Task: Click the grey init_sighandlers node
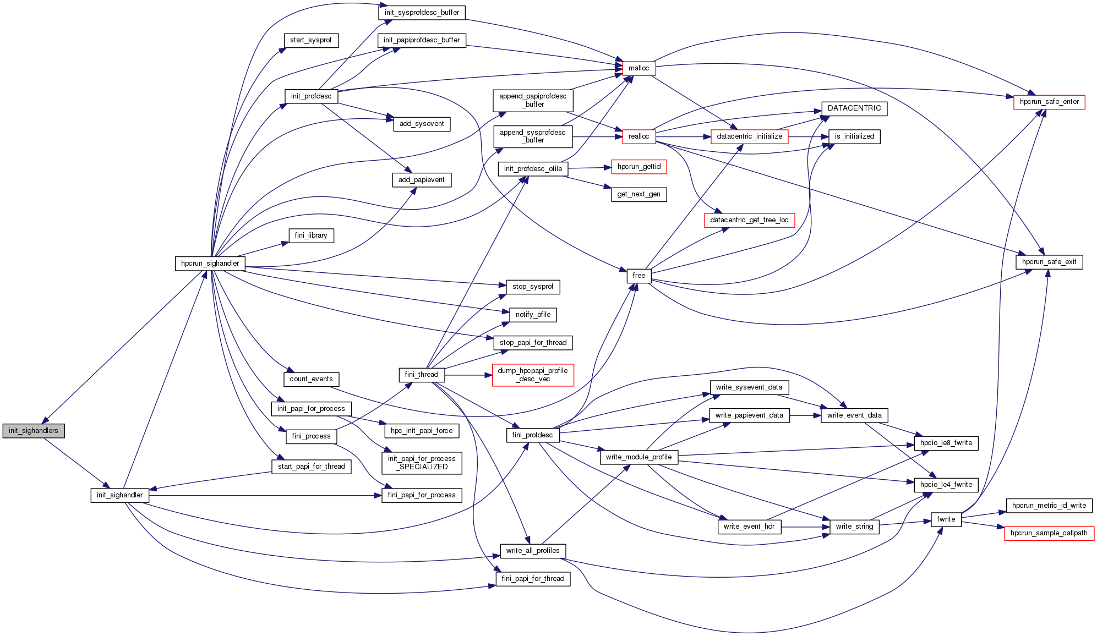34,431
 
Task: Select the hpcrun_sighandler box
210,264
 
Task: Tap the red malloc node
638,68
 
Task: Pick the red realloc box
638,136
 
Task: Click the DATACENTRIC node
854,108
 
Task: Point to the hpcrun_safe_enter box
1049,102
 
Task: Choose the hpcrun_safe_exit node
1049,262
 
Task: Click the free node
638,276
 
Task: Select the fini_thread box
421,375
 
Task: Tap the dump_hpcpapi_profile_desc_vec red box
532,375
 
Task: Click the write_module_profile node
638,457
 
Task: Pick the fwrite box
946,519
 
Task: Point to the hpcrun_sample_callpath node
1049,533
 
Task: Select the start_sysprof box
311,40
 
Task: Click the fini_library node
311,235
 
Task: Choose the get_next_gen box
638,194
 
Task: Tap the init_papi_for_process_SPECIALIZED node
421,463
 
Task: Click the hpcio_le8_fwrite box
946,443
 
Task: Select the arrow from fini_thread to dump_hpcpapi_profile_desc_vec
468,375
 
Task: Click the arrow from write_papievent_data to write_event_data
805,415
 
